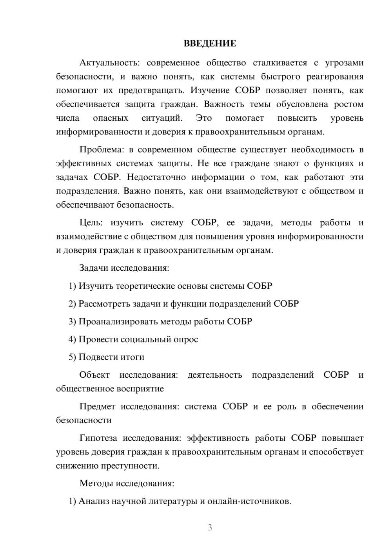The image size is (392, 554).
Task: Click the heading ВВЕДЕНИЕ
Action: tap(210, 43)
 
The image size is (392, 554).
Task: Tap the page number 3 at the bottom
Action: tap(210, 527)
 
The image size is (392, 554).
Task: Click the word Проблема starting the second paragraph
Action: tap(102, 150)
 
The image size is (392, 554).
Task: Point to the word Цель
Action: tap(91, 223)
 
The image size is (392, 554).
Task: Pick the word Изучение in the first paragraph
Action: tap(210, 91)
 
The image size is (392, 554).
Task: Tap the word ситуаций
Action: tap(162, 118)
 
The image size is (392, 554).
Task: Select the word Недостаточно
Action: tap(156, 177)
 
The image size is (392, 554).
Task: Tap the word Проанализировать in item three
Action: tap(118, 322)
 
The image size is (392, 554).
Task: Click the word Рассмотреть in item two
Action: tap(102, 304)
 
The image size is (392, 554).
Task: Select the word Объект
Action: tap(94, 375)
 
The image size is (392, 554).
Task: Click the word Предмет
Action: tap(97, 407)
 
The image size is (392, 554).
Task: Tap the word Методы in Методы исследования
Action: tap(96, 483)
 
